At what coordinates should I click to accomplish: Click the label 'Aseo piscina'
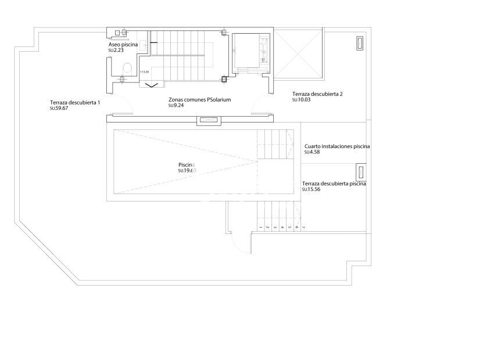(123, 45)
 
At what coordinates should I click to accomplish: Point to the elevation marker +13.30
(144, 72)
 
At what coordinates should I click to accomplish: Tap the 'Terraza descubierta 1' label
(75, 102)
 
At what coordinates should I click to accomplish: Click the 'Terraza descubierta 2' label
(317, 93)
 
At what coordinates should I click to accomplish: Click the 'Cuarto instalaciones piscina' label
(337, 146)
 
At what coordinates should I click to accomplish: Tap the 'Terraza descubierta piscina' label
(334, 183)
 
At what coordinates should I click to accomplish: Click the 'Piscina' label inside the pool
(187, 164)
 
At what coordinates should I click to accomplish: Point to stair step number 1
(260, 228)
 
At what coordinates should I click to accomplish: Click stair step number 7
(303, 228)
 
